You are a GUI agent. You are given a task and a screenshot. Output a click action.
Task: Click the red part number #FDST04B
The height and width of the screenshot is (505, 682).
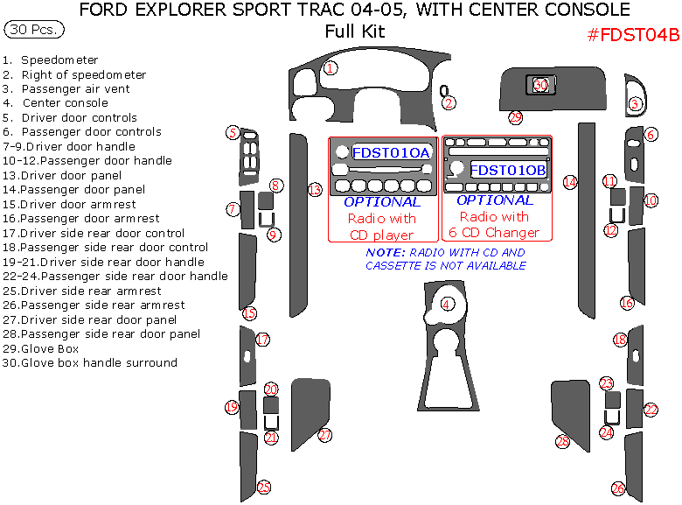point(633,35)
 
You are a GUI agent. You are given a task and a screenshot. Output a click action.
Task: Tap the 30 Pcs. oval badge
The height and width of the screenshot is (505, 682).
point(34,30)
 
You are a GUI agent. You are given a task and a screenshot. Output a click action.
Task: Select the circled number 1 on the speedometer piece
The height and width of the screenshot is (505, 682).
point(331,68)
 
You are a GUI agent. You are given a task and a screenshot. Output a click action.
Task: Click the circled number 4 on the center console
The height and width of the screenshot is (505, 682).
point(447,304)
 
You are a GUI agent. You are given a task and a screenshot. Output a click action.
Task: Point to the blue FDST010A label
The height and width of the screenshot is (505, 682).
point(391,153)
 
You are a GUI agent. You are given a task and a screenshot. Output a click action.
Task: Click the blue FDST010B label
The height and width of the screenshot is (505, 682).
point(508,170)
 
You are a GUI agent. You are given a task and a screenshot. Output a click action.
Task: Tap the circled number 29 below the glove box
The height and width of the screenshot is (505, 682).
point(515,117)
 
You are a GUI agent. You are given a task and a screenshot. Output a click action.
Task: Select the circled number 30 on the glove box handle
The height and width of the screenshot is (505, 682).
point(540,84)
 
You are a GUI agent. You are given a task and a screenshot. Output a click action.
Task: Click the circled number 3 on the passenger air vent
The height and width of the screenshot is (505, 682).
point(635,103)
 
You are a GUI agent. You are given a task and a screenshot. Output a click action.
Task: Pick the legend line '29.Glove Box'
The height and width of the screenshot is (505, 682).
point(41,348)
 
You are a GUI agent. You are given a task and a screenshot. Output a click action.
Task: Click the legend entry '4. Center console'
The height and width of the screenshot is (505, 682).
point(55,103)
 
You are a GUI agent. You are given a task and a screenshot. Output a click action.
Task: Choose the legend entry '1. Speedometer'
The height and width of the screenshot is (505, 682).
point(50,60)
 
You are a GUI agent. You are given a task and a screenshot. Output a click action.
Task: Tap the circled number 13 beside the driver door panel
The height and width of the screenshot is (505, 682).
point(315,190)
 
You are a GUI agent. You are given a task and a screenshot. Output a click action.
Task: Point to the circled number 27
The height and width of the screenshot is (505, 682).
point(325,435)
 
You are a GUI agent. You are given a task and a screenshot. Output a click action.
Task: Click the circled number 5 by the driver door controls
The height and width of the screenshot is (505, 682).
point(233,133)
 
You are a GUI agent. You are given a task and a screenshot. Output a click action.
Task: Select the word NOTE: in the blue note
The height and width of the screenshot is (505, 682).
point(386,252)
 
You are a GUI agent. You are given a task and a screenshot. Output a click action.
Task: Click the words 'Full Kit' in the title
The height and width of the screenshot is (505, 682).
point(355,32)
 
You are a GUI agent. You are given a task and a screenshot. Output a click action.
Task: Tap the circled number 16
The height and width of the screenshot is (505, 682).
point(627,303)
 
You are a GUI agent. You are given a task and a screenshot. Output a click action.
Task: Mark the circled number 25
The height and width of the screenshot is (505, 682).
point(263,487)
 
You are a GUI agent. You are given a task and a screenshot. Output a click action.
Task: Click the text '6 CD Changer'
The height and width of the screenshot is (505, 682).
point(494,233)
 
